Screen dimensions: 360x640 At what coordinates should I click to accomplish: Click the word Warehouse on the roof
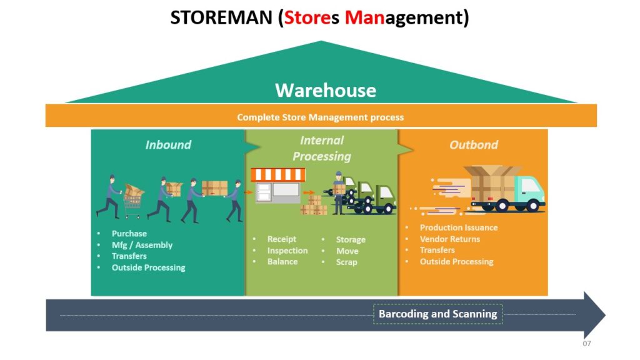click(x=326, y=91)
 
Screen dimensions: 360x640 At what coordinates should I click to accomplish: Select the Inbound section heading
click(x=168, y=145)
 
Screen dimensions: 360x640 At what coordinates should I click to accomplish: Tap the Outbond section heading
click(x=474, y=145)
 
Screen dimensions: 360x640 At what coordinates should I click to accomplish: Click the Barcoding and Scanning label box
click(x=437, y=314)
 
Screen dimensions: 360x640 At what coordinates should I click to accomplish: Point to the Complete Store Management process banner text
click(x=320, y=117)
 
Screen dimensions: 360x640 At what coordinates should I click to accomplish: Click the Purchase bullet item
click(x=129, y=234)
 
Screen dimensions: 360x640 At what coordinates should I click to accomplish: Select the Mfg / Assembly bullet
click(x=142, y=245)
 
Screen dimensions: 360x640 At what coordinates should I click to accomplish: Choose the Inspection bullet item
click(x=287, y=251)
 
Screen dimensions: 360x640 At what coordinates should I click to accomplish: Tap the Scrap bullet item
click(x=347, y=262)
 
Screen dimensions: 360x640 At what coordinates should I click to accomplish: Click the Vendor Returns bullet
click(x=450, y=239)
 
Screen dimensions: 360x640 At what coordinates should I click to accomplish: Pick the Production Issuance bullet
click(x=459, y=227)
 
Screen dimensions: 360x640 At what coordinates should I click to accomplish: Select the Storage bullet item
click(x=351, y=239)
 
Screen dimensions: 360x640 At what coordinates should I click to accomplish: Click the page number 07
click(x=586, y=344)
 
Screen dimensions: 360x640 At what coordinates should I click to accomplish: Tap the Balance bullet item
click(x=282, y=262)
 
